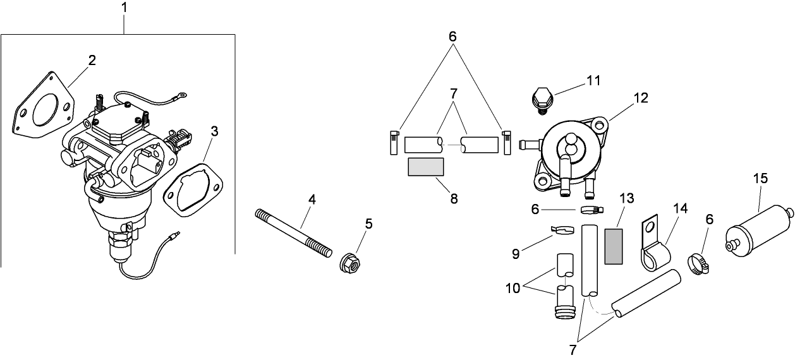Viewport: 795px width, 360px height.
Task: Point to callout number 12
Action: click(641, 98)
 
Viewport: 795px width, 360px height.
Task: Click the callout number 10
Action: click(512, 288)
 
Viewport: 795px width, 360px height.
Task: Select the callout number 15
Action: click(761, 179)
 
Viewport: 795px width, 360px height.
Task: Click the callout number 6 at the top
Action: click(452, 36)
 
